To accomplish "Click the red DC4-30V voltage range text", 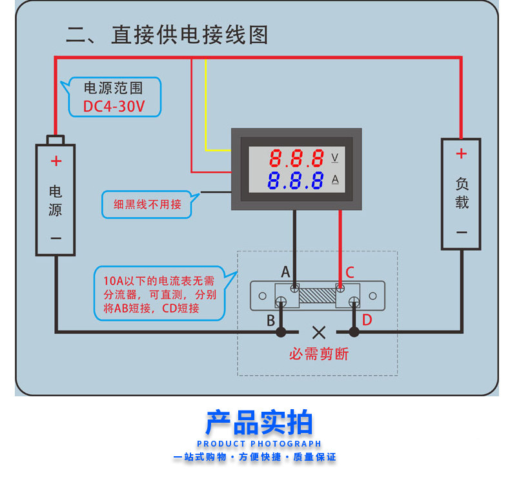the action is pyautogui.click(x=114, y=106).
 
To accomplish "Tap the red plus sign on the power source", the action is pyautogui.click(x=56, y=161).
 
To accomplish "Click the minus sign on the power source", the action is pyautogui.click(x=56, y=238).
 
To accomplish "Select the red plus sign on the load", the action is pyautogui.click(x=461, y=153).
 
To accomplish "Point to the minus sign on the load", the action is pyautogui.click(x=462, y=233).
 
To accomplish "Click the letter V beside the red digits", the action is pyautogui.click(x=334, y=158).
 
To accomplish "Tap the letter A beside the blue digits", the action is pyautogui.click(x=335, y=180).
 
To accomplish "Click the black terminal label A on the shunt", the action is pyautogui.click(x=285, y=272).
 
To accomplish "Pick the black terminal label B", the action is pyautogui.click(x=270, y=320).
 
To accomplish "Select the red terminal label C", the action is pyautogui.click(x=350, y=273).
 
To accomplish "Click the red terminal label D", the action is pyautogui.click(x=367, y=320).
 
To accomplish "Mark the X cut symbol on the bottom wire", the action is pyautogui.click(x=319, y=333).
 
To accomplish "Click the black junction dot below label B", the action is pyautogui.click(x=281, y=332).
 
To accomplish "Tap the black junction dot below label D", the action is pyautogui.click(x=354, y=332).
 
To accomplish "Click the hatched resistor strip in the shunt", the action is pyautogui.click(x=318, y=296).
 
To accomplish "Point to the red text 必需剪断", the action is pyautogui.click(x=319, y=354).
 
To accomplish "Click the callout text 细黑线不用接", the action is pyautogui.click(x=147, y=204).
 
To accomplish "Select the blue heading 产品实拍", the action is pyautogui.click(x=260, y=422).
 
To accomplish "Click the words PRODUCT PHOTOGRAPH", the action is pyautogui.click(x=260, y=444).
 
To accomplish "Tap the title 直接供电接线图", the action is pyautogui.click(x=190, y=35).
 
